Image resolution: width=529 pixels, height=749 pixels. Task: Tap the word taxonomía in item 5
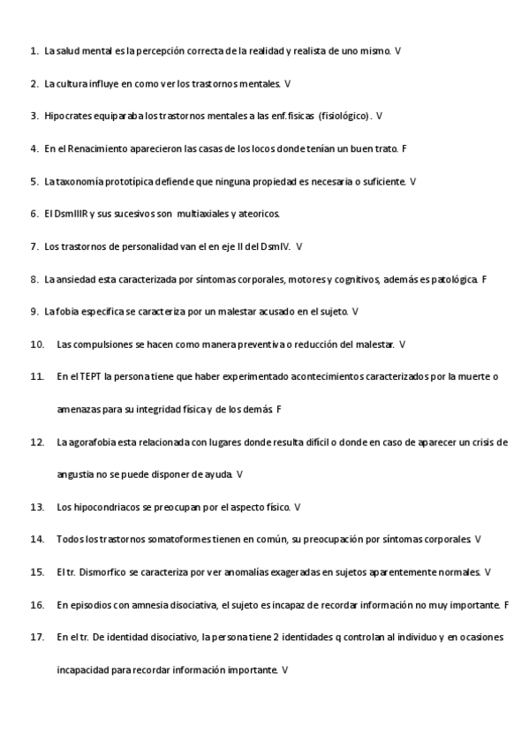coord(80,181)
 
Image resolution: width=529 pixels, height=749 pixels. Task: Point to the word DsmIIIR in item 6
coord(72,214)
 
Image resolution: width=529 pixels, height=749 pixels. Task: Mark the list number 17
coord(36,638)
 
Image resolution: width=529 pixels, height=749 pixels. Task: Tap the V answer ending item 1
coord(398,51)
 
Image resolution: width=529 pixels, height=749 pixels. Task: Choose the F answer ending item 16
coord(506,605)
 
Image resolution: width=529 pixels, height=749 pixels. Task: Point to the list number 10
coord(36,344)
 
